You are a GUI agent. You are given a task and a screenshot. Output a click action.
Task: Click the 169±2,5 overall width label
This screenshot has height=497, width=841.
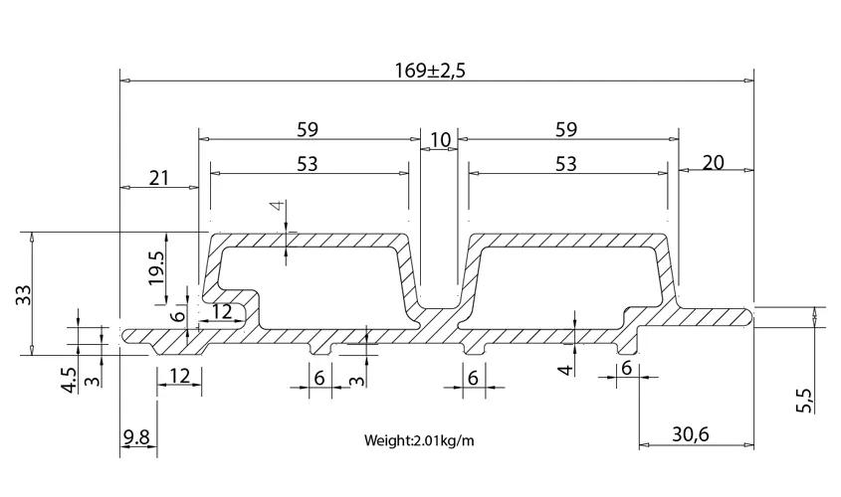click(430, 71)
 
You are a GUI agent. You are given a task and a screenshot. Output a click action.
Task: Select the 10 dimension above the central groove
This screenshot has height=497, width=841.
click(440, 140)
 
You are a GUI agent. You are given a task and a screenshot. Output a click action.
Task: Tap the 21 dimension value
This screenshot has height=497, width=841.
click(159, 178)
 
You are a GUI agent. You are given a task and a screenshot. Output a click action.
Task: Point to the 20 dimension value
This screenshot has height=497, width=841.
click(713, 162)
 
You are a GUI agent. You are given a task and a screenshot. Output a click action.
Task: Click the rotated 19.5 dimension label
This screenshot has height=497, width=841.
click(158, 267)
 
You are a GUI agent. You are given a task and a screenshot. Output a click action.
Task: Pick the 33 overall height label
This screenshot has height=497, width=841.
click(24, 295)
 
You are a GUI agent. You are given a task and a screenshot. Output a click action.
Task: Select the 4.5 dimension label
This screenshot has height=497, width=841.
click(70, 380)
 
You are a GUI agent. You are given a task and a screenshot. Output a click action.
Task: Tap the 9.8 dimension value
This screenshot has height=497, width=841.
click(136, 437)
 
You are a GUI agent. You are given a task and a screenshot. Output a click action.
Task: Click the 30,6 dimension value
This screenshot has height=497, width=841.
click(691, 433)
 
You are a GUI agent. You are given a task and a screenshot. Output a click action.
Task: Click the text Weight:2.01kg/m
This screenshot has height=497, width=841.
click(419, 440)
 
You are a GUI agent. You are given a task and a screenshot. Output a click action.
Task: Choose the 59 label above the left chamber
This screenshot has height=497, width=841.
click(308, 129)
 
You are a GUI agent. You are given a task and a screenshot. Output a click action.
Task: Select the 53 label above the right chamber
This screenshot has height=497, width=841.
click(566, 164)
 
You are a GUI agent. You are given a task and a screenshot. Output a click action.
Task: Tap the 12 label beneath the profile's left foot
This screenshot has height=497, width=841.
click(180, 376)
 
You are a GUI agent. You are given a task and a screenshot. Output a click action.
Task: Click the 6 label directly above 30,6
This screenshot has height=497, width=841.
click(626, 369)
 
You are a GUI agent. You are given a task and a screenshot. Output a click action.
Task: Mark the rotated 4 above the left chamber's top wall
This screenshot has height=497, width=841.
click(277, 206)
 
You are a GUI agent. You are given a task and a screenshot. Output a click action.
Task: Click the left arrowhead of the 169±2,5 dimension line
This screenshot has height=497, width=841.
click(125, 81)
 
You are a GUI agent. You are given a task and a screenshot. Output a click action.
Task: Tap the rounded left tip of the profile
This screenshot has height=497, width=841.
click(125, 336)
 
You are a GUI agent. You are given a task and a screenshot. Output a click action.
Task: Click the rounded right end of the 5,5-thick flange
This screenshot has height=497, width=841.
click(749, 316)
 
